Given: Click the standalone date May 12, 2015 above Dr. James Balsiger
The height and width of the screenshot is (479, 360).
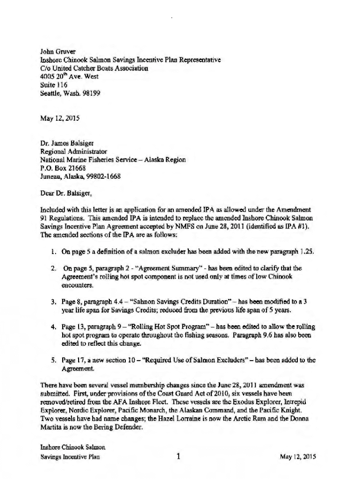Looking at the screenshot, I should point(60,118).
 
